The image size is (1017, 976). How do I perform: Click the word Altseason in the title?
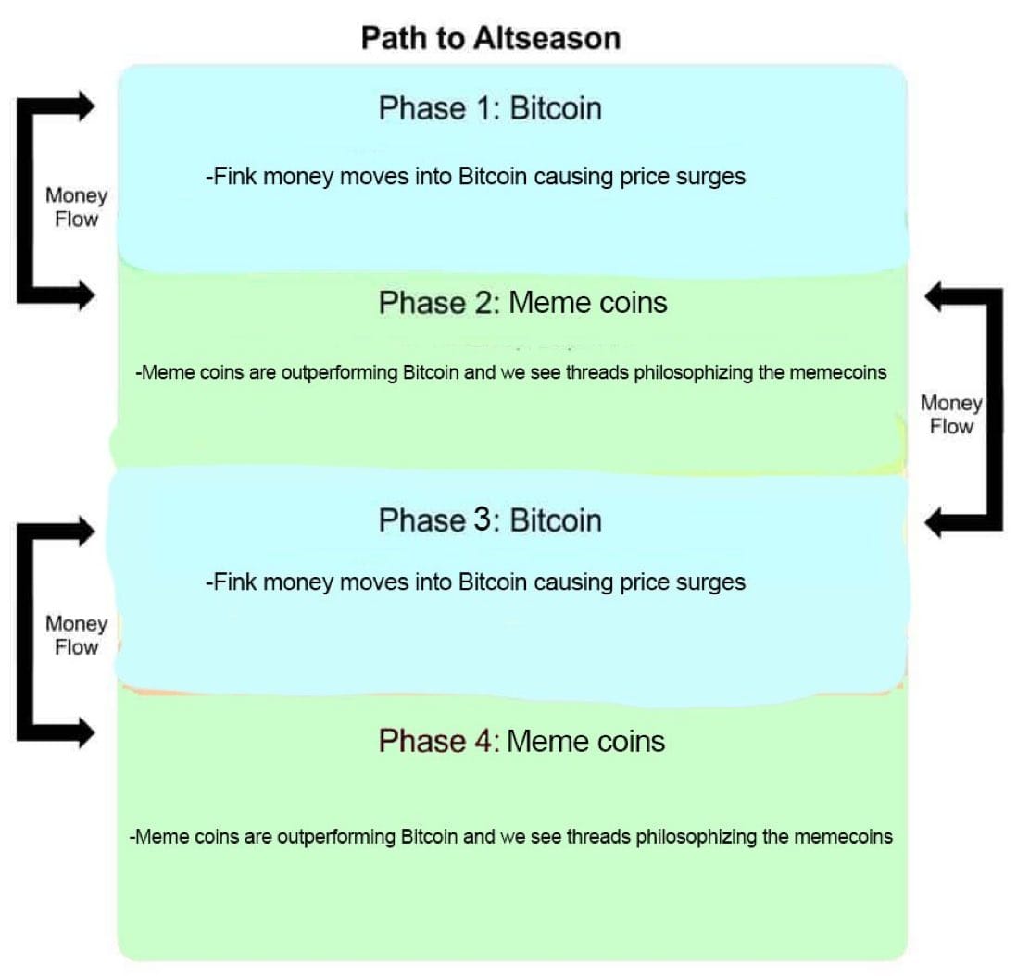pyautogui.click(x=546, y=38)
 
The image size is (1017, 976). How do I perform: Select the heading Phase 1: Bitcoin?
pyautogui.click(x=490, y=108)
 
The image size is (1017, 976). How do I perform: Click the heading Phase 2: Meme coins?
pyautogui.click(x=522, y=303)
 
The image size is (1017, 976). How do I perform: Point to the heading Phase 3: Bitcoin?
pyautogui.click(x=490, y=520)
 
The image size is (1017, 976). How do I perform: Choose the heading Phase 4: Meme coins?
pyautogui.click(x=521, y=741)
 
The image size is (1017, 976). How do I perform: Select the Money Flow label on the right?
pyautogui.click(x=951, y=415)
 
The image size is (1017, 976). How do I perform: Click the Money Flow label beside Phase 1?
pyautogui.click(x=76, y=207)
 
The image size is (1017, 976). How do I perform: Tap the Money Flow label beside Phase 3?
pyautogui.click(x=76, y=635)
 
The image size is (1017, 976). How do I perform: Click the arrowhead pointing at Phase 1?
pyautogui.click(x=83, y=106)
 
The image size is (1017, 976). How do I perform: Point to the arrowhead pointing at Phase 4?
pyautogui.click(x=83, y=734)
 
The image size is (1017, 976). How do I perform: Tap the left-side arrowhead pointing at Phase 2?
pyautogui.click(x=83, y=295)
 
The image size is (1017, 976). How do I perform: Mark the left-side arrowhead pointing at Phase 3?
pyautogui.click(x=83, y=531)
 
